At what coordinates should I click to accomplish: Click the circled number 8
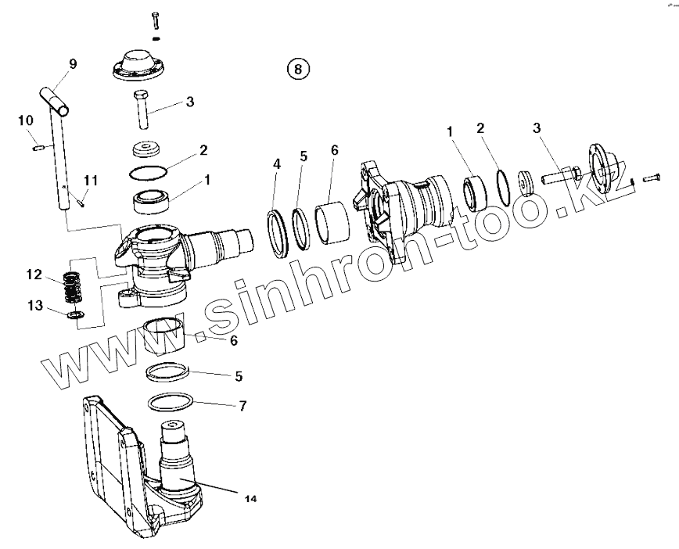coord(297,69)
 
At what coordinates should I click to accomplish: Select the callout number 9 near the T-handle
coord(73,64)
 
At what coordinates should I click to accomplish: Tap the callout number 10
coord(26,120)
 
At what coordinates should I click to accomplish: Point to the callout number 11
coord(92,181)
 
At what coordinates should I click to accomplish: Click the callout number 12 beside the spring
coord(33,274)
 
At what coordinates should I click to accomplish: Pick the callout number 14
coord(250,497)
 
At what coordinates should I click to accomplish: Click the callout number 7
coord(243,406)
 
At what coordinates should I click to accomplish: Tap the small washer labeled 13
coord(75,314)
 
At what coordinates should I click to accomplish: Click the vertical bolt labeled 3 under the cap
coord(142,110)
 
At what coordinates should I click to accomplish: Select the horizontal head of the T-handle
coord(56,99)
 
